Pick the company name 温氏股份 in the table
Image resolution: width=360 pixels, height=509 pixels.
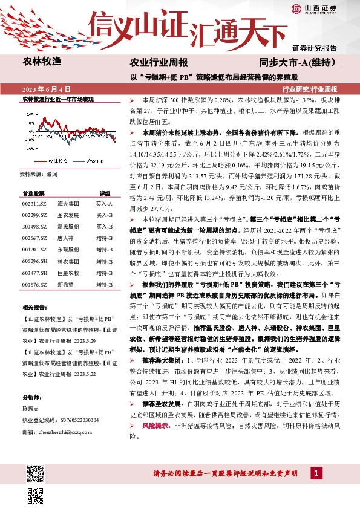68,225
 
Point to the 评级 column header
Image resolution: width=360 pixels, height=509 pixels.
104,193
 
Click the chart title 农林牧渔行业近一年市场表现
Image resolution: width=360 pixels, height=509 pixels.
57,97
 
